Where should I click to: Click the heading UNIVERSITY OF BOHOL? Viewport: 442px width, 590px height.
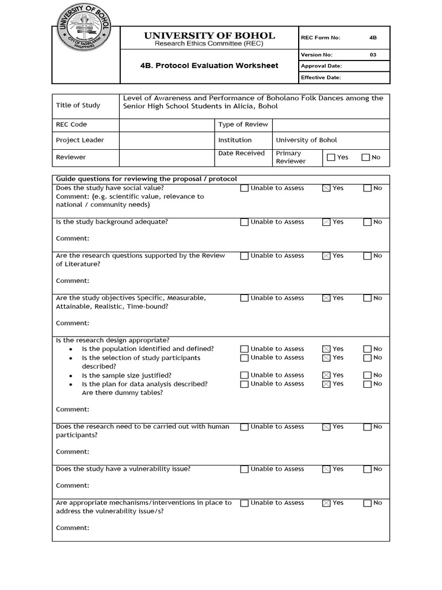(x=209, y=36)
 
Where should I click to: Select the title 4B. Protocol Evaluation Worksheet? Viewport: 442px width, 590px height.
(x=209, y=66)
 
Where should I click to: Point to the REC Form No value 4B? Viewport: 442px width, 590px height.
(x=372, y=38)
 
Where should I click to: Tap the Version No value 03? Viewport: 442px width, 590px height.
(x=372, y=55)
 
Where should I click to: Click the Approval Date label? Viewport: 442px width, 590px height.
(x=321, y=66)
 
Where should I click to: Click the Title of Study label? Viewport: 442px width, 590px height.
(x=78, y=105)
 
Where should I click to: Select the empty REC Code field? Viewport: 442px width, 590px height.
(x=166, y=124)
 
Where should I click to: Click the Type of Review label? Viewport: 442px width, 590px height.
(x=242, y=124)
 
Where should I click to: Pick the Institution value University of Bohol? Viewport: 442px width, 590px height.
(x=306, y=140)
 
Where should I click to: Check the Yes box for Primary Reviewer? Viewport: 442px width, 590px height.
(x=331, y=157)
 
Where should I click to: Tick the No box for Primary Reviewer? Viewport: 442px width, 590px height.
(x=365, y=157)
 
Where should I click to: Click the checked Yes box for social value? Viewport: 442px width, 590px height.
(x=326, y=188)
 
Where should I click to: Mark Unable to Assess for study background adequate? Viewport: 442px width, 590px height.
(x=244, y=222)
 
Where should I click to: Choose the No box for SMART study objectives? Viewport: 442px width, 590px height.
(x=367, y=298)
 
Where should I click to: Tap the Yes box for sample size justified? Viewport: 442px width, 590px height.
(x=326, y=375)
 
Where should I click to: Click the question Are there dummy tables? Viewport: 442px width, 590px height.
(x=122, y=393)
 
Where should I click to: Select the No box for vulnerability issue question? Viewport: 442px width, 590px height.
(x=367, y=470)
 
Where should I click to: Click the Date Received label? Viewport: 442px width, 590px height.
(x=241, y=153)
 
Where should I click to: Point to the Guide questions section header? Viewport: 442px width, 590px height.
(x=146, y=179)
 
